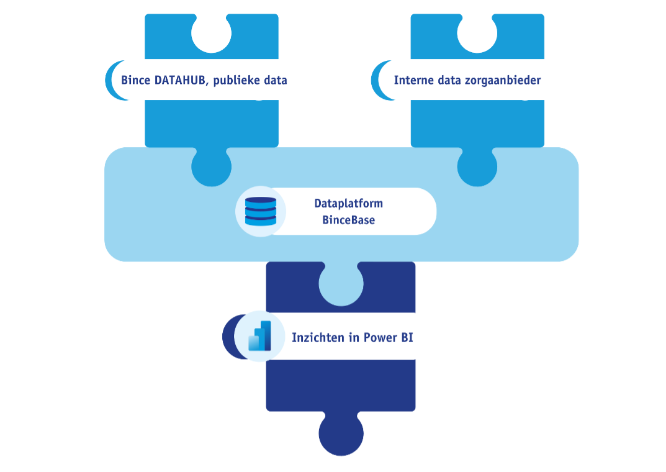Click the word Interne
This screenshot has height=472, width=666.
tap(414, 80)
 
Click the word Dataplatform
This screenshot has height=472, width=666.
tap(348, 204)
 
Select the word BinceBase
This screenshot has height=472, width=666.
tap(348, 219)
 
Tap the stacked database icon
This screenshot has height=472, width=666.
tap(261, 211)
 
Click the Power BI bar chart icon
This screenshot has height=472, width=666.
tap(260, 337)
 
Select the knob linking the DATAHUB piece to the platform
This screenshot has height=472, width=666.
tap(212, 166)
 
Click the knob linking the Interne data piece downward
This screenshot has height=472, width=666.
tap(477, 166)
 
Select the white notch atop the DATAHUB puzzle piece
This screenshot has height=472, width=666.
tap(212, 32)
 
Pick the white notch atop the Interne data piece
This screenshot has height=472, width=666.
tap(477, 32)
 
